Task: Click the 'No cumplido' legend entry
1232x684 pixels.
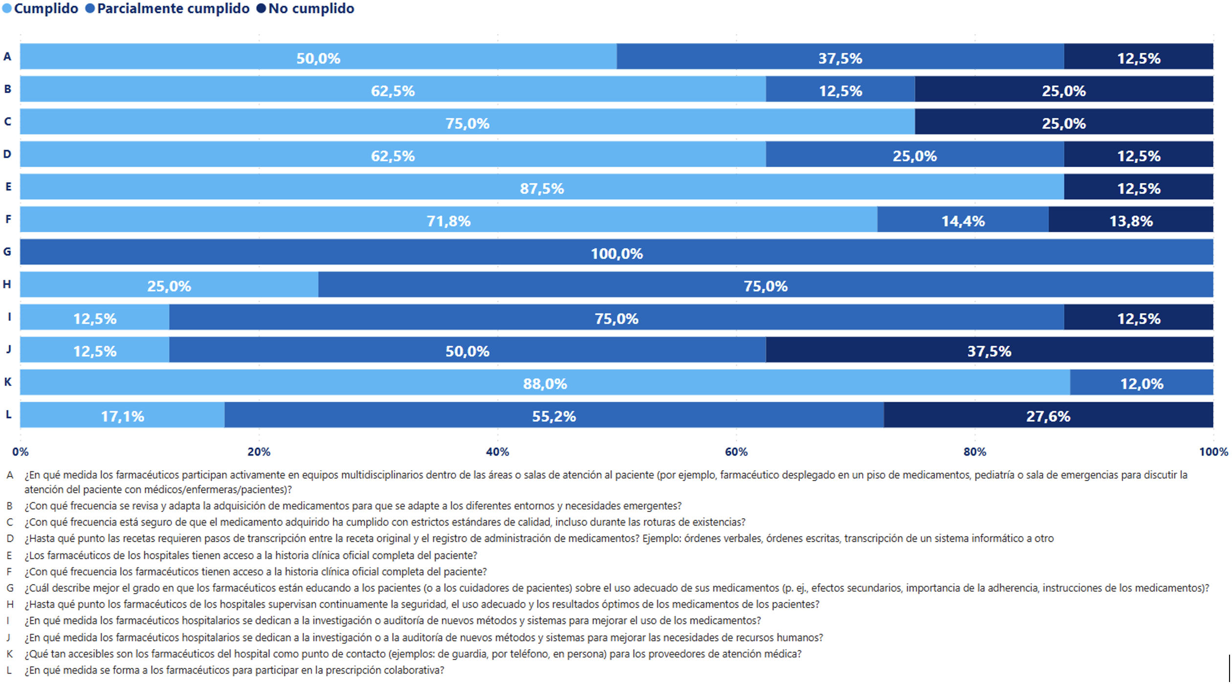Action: coord(306,9)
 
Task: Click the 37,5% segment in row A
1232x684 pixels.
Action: coord(840,57)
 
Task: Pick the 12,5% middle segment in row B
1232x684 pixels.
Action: coord(840,89)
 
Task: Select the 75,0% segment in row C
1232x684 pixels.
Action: coord(467,122)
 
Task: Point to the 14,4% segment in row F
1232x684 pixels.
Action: coord(963,220)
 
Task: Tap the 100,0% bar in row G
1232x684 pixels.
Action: coord(616,252)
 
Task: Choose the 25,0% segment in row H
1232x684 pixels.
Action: coord(169,285)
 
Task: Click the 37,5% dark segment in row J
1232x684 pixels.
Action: coord(989,350)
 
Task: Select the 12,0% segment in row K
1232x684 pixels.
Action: coord(1141,382)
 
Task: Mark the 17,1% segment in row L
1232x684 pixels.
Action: coord(122,415)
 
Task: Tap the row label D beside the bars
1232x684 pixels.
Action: coord(7,154)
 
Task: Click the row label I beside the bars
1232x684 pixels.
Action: coord(9,317)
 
